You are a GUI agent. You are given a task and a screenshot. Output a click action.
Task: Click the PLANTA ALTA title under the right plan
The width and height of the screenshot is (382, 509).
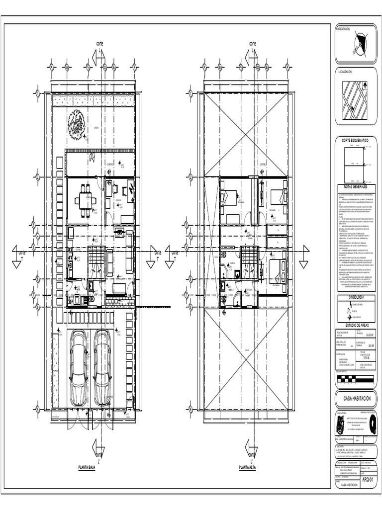(247, 467)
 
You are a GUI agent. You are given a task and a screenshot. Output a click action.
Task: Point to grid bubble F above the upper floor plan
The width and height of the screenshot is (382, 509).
(287, 66)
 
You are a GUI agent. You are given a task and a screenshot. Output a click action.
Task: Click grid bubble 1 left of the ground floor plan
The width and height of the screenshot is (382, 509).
(37, 92)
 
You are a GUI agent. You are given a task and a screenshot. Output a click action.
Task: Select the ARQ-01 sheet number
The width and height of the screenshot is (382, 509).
(367, 479)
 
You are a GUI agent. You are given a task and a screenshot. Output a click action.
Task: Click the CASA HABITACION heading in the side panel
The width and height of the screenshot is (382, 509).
(357, 399)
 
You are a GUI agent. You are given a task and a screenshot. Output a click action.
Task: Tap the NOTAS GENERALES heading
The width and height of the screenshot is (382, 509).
(357, 186)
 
